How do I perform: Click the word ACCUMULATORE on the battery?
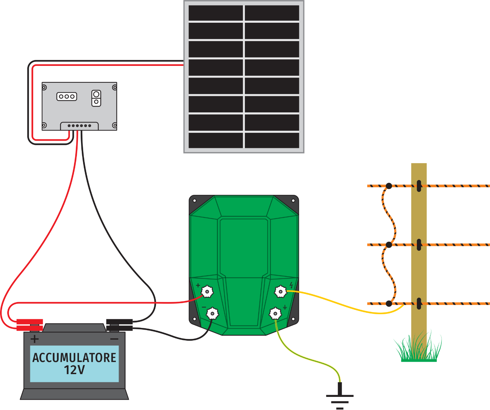tap(74, 358)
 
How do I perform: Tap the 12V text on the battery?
tap(74, 370)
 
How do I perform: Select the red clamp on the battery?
tap(30, 324)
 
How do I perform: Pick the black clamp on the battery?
tap(119, 324)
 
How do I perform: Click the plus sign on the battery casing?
tap(34, 339)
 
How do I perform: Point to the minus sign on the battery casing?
tap(114, 339)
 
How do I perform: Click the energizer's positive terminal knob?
tap(207, 292)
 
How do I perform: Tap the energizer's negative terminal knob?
tap(212, 313)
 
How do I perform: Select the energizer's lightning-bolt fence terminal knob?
tap(281, 292)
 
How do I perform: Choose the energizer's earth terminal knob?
tap(275, 313)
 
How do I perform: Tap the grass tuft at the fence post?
tap(418, 348)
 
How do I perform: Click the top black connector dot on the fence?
tap(389, 186)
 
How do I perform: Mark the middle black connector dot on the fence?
tap(389, 245)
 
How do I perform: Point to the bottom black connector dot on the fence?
tap(389, 304)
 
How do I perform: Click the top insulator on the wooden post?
tap(419, 186)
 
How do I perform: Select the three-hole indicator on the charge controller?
tap(67, 97)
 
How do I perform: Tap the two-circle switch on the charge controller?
tap(96, 98)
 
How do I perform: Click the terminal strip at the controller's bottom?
tap(79, 126)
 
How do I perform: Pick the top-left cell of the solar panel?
tap(216, 13)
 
